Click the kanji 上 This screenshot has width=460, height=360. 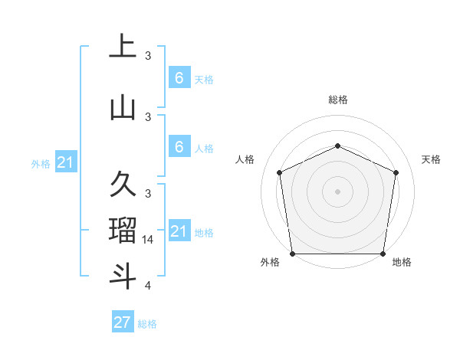coord(123,47)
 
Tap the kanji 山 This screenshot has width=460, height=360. coord(123,109)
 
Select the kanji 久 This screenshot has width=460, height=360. coord(123,185)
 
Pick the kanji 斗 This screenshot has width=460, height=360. coord(123,277)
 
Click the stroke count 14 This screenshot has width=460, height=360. coord(148,240)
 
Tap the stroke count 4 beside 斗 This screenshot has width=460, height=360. coord(148,286)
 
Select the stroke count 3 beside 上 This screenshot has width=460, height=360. coord(148,56)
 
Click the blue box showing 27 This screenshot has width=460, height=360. coord(123,322)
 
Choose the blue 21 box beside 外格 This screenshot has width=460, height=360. coord(67,162)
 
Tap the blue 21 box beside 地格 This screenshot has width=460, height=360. coord(179,231)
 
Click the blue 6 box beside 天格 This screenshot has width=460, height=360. coord(179,78)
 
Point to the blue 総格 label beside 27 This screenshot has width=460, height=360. coord(147,324)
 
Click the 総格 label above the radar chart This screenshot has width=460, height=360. coord(338,100)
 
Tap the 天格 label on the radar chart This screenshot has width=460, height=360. coord(431,159)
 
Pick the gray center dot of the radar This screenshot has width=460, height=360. coord(337,191)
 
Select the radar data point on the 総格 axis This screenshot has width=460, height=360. coord(337,146)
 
